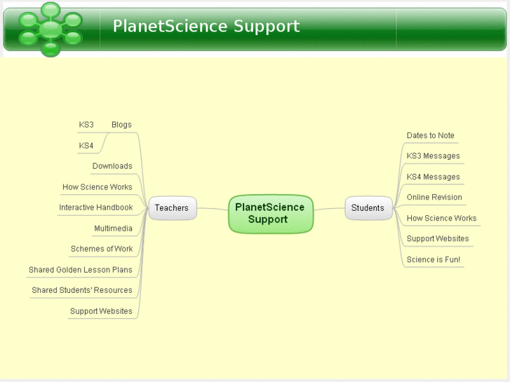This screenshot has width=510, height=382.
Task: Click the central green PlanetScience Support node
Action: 270,213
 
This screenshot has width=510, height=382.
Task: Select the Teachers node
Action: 172,208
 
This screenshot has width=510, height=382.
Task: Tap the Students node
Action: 368,208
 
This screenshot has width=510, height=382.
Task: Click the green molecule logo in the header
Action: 50,29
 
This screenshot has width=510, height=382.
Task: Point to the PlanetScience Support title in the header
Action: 206,27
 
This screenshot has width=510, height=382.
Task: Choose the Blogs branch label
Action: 121,125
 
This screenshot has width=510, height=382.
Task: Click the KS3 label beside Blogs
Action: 86,125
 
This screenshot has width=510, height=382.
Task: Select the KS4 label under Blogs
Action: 86,146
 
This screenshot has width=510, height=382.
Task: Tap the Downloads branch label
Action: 112,166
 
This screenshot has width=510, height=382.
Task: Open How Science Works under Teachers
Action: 97,187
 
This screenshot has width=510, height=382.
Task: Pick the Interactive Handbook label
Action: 95,207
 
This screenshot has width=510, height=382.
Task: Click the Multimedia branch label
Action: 113,228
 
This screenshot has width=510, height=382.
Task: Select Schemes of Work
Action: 102,249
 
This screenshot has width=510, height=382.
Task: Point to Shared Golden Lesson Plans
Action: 80,270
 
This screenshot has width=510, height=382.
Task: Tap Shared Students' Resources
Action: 82,290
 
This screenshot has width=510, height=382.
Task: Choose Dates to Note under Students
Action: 431,135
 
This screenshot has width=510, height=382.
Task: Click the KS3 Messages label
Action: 434,156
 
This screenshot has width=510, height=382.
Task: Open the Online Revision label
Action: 434,197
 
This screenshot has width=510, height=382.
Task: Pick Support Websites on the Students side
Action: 438,238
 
